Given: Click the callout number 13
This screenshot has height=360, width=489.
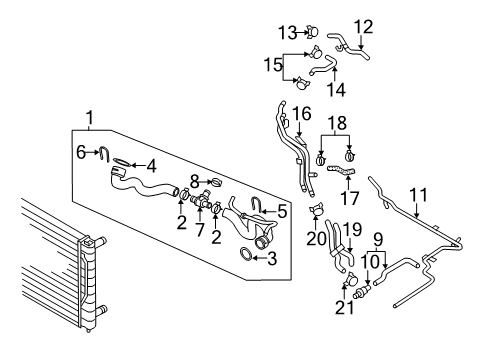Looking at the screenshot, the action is coord(288,33).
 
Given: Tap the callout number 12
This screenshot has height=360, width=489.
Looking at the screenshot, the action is coord(363,27).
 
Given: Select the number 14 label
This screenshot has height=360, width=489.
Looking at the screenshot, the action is coord(336,89).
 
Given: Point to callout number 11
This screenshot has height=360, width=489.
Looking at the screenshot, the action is coord(418,195).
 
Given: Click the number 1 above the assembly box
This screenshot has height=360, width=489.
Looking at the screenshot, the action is coord(89,118).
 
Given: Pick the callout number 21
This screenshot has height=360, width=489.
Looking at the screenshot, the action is coord(345,308).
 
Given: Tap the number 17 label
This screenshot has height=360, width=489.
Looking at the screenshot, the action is coord(349,198).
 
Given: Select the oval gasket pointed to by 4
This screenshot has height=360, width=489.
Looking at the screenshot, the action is coord(122,162).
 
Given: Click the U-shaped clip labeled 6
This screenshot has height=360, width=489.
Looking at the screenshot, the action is coord(104,154).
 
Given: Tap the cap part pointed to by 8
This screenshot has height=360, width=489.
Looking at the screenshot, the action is coord(217,182).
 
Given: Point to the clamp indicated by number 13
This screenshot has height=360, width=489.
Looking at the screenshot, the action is coord(313,32).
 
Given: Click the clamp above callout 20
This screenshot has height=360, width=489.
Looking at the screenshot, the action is coord(316,209).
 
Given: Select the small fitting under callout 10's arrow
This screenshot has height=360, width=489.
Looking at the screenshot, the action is coord(362,290).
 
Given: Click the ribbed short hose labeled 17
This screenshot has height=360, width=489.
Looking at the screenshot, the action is coord(341,170).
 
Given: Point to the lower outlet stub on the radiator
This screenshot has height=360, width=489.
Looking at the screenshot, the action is coord(100,309).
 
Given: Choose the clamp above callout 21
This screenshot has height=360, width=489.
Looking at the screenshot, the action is coord(350,279).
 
